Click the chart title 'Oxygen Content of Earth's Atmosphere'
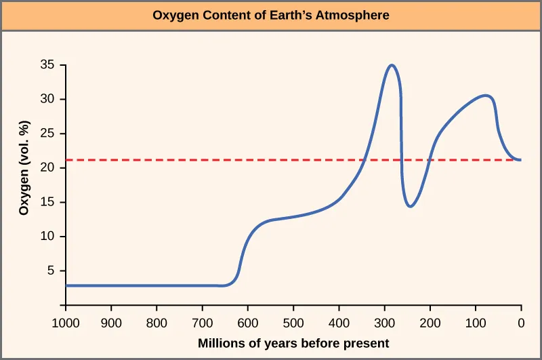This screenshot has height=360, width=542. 271,15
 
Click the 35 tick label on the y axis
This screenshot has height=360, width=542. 47,66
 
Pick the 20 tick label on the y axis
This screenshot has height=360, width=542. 47,168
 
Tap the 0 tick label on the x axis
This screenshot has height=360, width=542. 520,323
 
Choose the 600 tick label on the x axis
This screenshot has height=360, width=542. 248,323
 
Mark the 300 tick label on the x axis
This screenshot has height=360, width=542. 384,323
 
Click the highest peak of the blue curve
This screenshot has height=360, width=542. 391,65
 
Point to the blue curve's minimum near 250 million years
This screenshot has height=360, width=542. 411,206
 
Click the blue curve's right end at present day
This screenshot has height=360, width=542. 520,160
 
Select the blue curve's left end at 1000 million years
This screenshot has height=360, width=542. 67,285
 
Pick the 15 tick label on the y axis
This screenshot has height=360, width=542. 47,203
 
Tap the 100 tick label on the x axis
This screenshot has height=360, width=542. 475,323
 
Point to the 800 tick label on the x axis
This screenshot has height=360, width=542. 157,323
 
